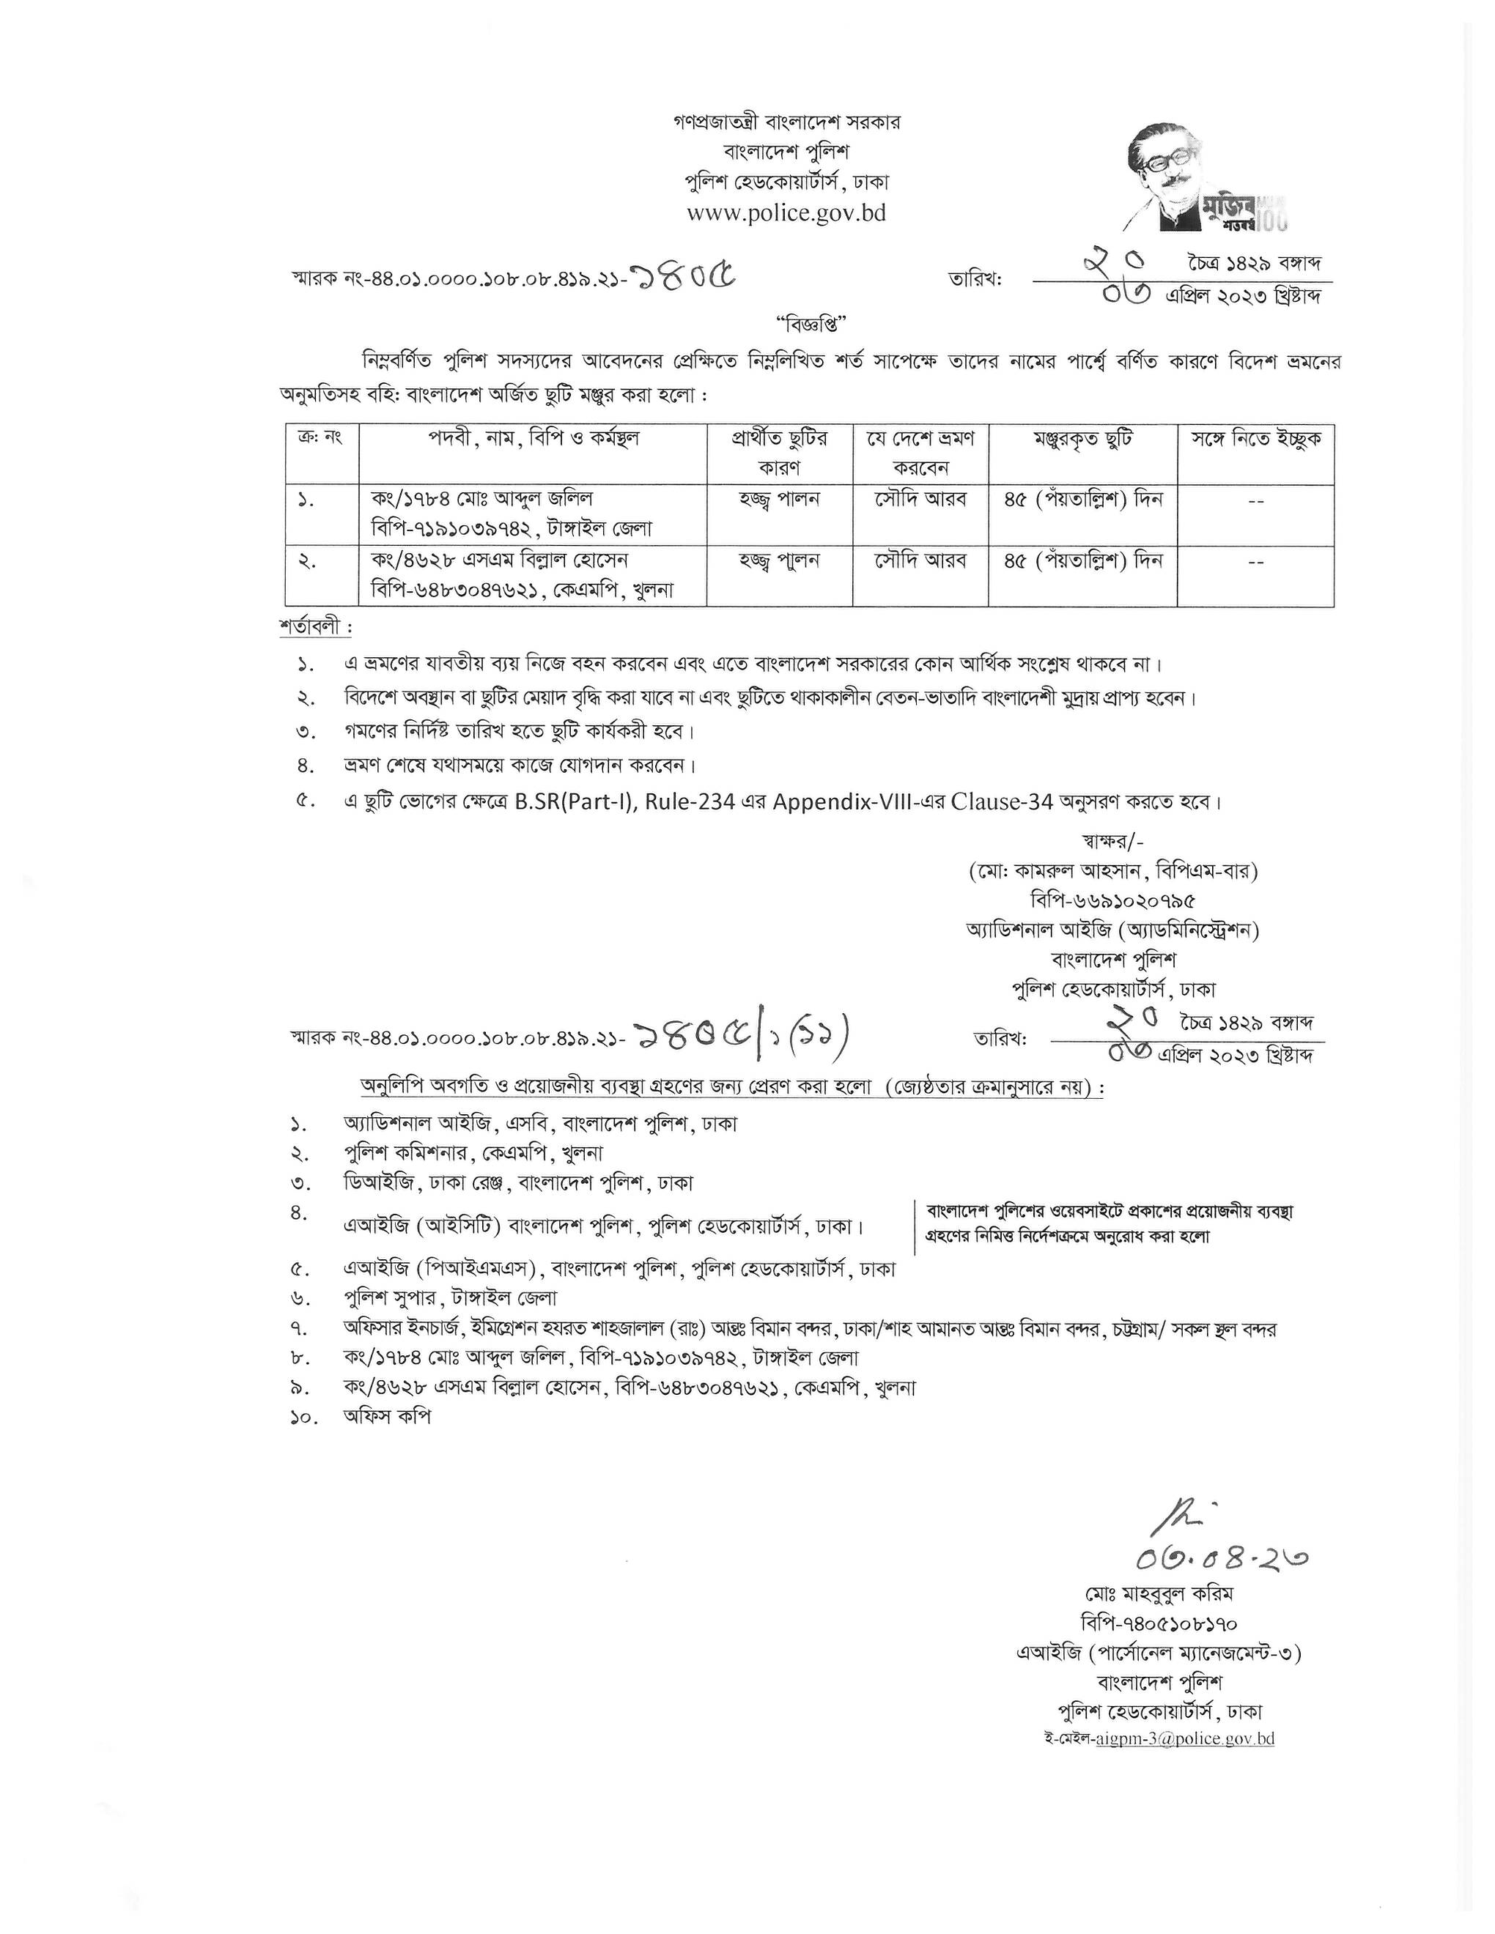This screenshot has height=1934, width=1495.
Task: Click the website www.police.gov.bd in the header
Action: click(786, 213)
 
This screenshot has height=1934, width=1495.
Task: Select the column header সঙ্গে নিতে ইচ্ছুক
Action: click(1255, 440)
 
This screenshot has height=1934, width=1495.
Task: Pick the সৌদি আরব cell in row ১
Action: click(921, 500)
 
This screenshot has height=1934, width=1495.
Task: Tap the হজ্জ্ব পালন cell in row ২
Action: click(780, 560)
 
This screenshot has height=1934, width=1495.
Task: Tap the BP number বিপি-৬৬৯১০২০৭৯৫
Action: click(1112, 900)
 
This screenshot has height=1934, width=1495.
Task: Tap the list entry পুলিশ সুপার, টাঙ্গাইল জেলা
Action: click(450, 1298)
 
